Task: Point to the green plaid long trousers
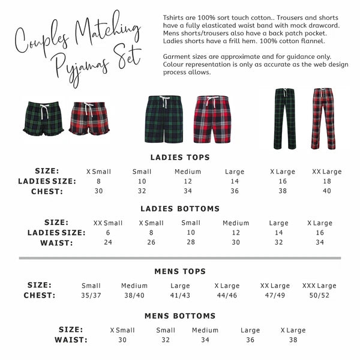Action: (284, 118)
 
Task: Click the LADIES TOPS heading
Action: (180, 157)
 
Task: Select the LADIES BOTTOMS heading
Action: (180, 209)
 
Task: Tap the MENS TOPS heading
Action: (180, 271)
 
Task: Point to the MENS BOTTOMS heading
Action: (180, 316)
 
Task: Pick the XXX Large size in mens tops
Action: (319, 286)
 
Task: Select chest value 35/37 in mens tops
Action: (91, 295)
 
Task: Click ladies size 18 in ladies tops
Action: (326, 181)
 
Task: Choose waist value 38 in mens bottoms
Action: (293, 340)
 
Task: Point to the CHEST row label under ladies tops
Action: (49, 191)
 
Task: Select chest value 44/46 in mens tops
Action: (226, 295)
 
